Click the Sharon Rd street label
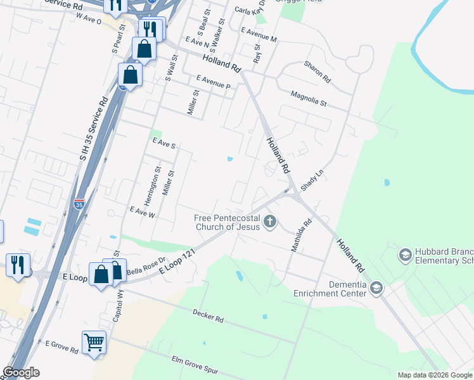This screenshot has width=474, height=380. click(317, 72)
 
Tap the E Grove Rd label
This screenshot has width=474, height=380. click(61, 346)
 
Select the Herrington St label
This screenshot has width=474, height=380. click(158, 186)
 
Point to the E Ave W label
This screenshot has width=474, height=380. click(142, 212)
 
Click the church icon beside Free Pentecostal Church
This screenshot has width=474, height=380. click(270, 222)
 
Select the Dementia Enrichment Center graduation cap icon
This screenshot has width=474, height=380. click(376, 288)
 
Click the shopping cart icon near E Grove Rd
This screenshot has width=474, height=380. click(94, 343)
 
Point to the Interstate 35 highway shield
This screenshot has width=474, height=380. click(79, 204)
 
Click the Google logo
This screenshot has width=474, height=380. click(21, 372)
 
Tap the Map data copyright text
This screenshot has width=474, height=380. click(435, 375)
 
